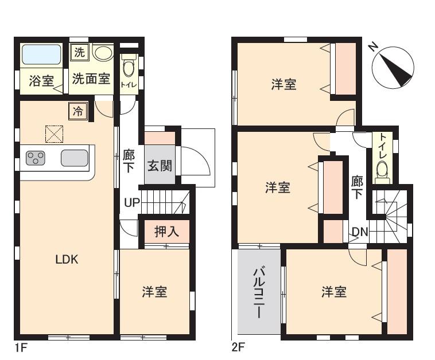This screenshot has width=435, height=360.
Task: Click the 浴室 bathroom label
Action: pyautogui.click(x=41, y=80)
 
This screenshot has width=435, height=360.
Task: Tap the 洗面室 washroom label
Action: pyautogui.click(x=91, y=79)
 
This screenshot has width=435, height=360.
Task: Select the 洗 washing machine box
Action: pyautogui.click(x=79, y=53)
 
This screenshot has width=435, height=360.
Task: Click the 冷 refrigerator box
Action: pyautogui.click(x=77, y=111)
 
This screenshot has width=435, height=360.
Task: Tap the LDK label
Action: pyautogui.click(x=67, y=259)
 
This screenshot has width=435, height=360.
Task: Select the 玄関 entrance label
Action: pyautogui.click(x=160, y=166)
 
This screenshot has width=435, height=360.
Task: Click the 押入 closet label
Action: pyautogui.click(x=166, y=232)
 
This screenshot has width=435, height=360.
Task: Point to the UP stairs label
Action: pyautogui.click(x=131, y=203)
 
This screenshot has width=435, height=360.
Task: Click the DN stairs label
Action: pyautogui.click(x=359, y=232)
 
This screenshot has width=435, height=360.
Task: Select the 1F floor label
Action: pyautogui.click(x=21, y=347)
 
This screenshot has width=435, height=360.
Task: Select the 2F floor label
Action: pyautogui.click(x=239, y=347)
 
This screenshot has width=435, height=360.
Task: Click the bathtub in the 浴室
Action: pyautogui.click(x=41, y=56)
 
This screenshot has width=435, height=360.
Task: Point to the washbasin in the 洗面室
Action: pyautogui.click(x=103, y=53)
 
